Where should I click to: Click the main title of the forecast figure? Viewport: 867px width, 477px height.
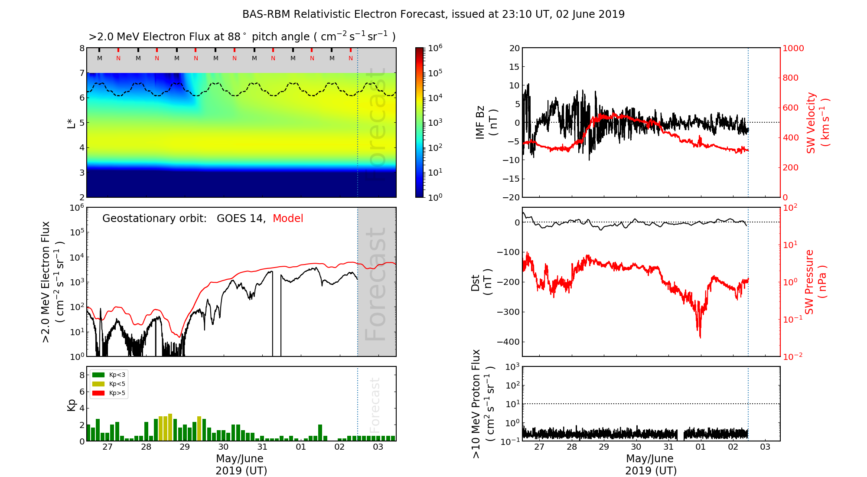433,14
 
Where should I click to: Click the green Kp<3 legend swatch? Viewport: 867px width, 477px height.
98,375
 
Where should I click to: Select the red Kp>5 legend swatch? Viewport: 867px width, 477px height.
98,393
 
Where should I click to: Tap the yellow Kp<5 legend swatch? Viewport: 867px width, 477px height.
98,384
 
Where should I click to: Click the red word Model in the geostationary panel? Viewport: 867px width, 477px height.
288,219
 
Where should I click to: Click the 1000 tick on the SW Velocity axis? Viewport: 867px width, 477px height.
793,48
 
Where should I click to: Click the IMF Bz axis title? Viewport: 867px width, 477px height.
486,123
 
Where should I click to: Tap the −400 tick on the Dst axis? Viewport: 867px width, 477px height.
508,342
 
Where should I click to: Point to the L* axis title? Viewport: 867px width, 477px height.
72,123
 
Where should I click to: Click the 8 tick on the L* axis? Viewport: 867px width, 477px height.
81,48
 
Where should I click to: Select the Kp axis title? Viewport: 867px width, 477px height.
72,405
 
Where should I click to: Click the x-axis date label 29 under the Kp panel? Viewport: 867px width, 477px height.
185,447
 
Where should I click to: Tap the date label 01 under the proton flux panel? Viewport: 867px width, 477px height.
701,447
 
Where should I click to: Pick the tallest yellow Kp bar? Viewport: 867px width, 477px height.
170,427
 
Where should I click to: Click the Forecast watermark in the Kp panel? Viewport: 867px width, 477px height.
375,405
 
